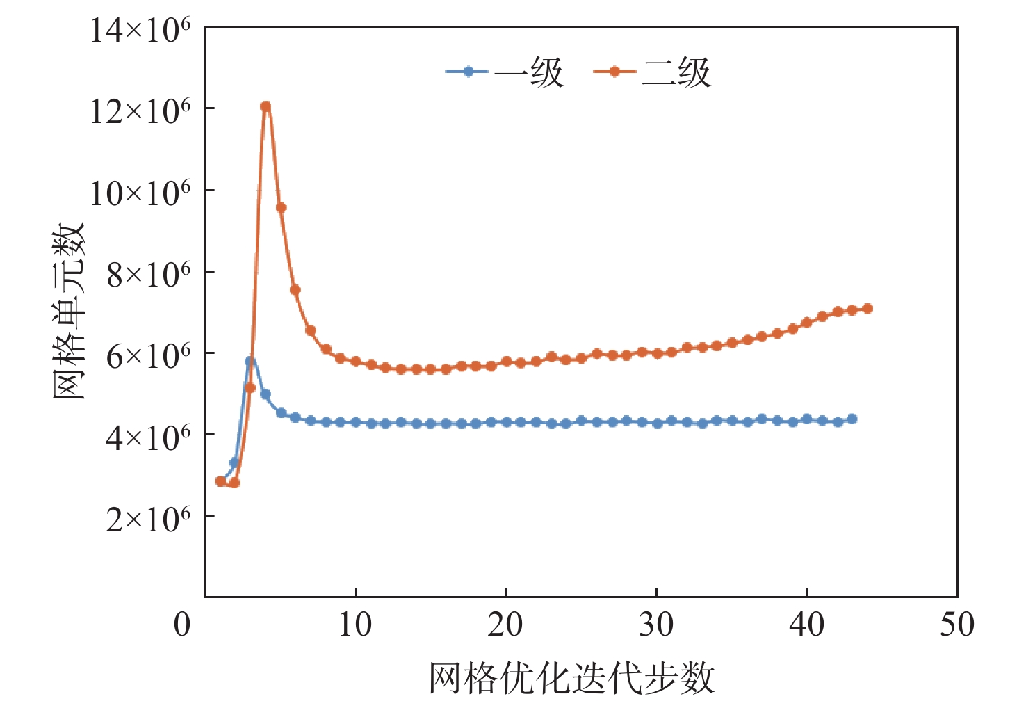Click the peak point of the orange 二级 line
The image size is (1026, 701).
coord(266,106)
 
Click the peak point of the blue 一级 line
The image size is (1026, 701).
coord(250,361)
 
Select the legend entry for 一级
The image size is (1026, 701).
coord(505,72)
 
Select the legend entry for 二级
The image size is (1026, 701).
coord(653,72)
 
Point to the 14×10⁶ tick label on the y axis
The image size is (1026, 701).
coord(140,30)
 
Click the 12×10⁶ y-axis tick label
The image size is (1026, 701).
coord(140,111)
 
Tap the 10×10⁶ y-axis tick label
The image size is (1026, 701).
coord(140,193)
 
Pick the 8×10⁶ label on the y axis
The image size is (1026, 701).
coord(148,274)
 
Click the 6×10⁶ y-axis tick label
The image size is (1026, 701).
coord(148,355)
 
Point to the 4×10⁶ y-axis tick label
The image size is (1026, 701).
coord(148,437)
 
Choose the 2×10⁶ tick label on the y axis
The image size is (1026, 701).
coord(148,518)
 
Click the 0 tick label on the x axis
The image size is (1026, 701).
coord(182,625)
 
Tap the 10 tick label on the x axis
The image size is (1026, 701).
coord(355,625)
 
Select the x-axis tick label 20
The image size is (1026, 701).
coord(505,625)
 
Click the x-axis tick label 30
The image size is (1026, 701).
coord(656,625)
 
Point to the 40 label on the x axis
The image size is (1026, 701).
coord(806,625)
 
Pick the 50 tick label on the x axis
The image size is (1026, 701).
coord(957,625)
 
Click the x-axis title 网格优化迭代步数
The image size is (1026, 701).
coord(571,677)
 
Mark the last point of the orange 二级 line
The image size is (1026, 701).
coord(867,309)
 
